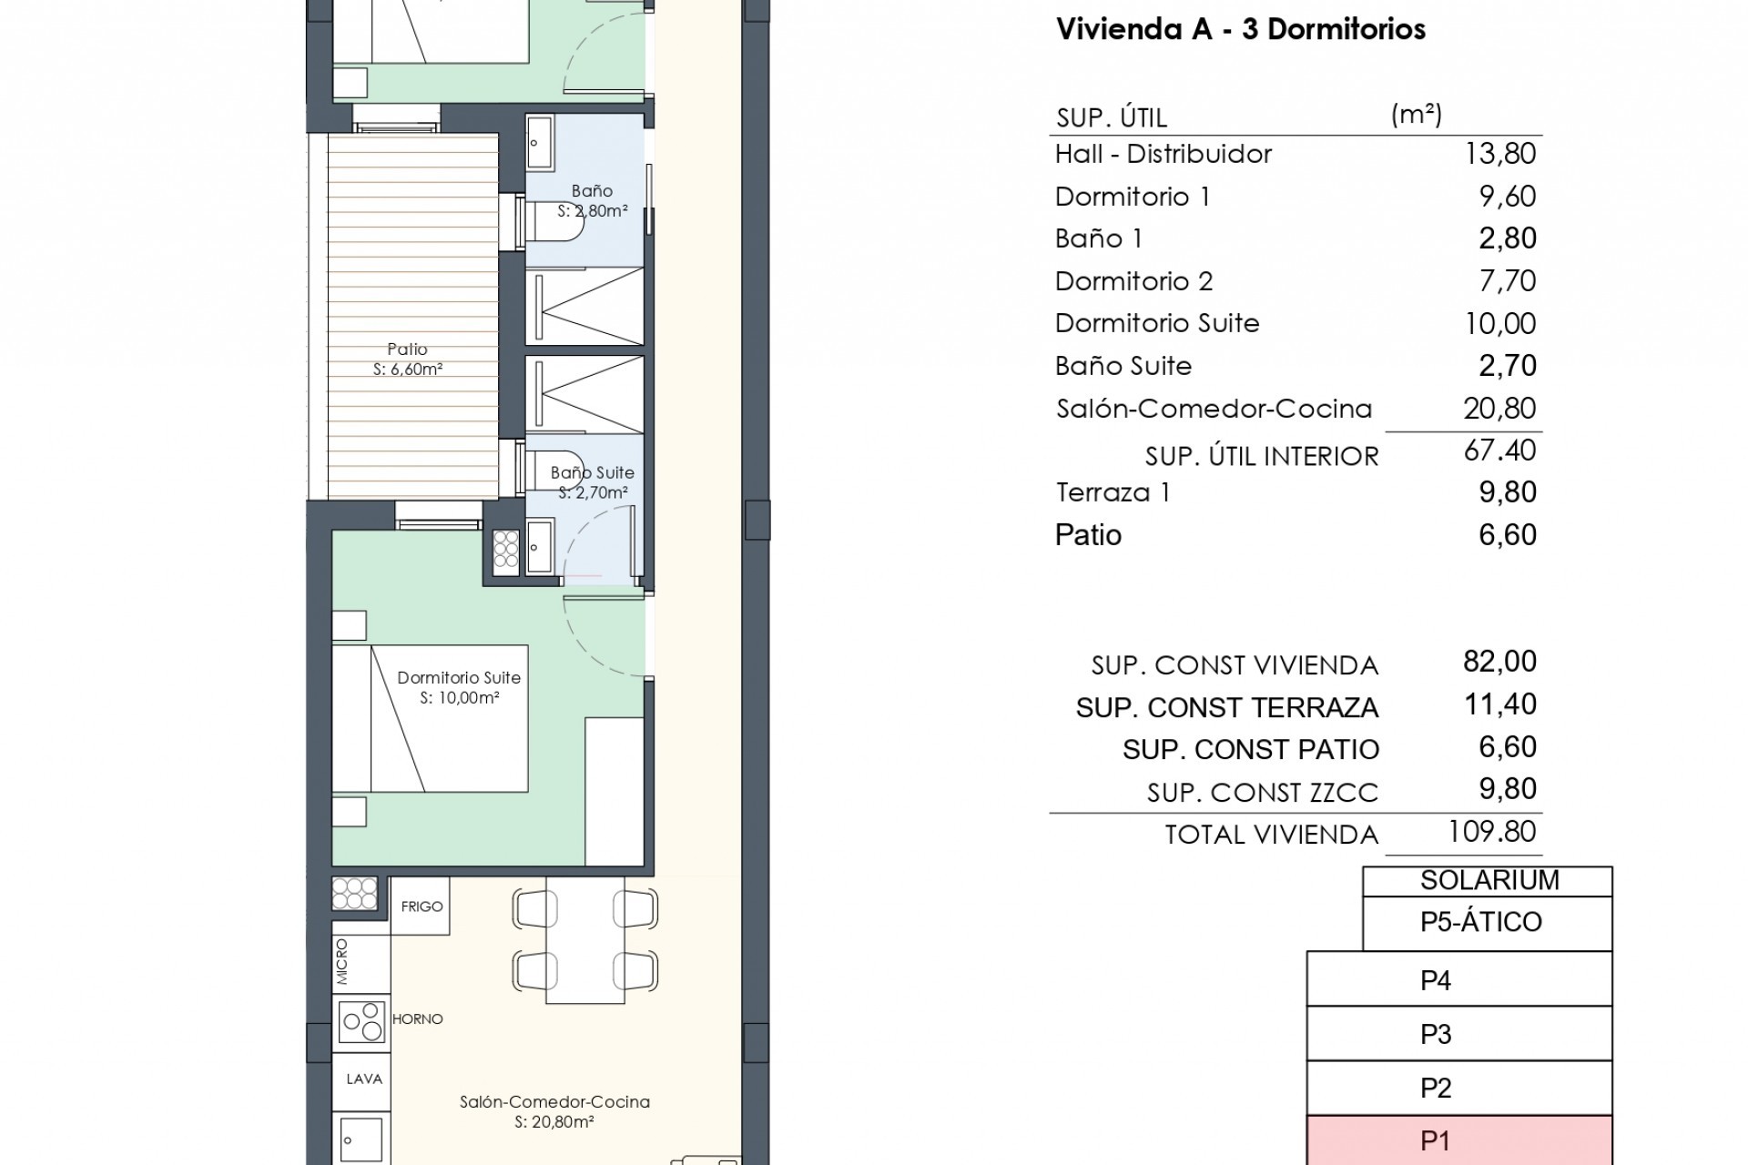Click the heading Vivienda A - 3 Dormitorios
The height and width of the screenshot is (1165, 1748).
click(x=1240, y=29)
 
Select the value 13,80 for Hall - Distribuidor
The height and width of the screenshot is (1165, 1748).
click(x=1499, y=154)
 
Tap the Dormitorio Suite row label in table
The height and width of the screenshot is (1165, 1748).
click(x=1156, y=323)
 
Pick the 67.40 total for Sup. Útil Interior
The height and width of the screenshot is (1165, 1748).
click(x=1499, y=451)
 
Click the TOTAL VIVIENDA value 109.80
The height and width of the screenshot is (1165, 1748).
click(x=1491, y=832)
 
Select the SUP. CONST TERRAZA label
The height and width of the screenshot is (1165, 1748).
click(x=1226, y=708)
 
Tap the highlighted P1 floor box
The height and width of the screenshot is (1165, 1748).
click(x=1458, y=1141)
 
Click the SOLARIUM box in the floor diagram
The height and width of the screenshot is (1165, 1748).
click(x=1489, y=880)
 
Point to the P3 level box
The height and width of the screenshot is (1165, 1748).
click(x=1458, y=1034)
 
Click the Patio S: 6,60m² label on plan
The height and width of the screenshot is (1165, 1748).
click(x=407, y=359)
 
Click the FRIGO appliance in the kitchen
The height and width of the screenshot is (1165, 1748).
click(x=421, y=907)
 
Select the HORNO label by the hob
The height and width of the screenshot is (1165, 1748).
click(x=417, y=1019)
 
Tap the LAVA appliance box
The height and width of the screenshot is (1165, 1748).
click(x=363, y=1079)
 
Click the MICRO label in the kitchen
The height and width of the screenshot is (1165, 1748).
click(x=342, y=962)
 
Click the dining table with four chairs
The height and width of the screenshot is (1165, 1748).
click(x=584, y=940)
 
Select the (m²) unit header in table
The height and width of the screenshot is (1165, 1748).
click(x=1416, y=115)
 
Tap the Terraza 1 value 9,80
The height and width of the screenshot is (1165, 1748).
click(x=1507, y=492)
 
